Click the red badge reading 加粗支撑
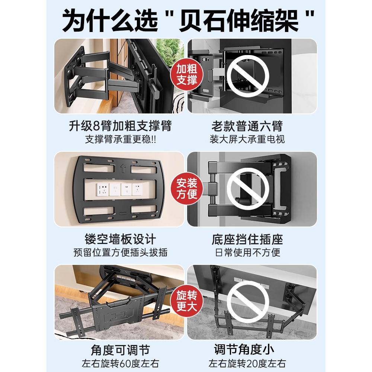pos(187,74)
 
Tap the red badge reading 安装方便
pos(187,189)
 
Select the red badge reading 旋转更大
pos(187,301)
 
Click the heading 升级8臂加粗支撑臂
pos(120,126)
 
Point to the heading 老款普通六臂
pos(247,126)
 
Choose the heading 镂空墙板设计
pos(120,239)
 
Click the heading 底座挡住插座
pos(247,239)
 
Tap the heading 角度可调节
pos(120,350)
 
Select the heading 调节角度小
pos(244,349)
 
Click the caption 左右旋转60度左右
pos(120,363)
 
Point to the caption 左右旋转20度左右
pos(247,363)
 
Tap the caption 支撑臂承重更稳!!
pos(120,139)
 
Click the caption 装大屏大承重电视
pos(247,139)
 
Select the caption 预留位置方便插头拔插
pos(120,253)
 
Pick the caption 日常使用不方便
pos(247,253)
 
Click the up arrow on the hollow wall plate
pos(123,169)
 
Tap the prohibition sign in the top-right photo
pos(248,76)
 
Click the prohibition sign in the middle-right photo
pos(248,189)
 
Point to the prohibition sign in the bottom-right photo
pos(248,302)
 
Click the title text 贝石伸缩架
pos(238,20)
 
